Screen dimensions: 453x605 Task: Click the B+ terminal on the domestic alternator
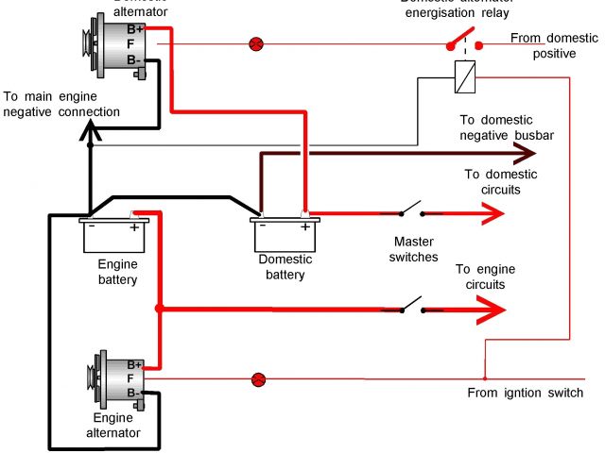(136, 28)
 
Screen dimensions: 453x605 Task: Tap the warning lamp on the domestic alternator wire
(255, 43)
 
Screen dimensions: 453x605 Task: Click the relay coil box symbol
(464, 75)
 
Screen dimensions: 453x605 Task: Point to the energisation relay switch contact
(458, 41)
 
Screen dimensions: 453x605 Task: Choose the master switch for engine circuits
(410, 305)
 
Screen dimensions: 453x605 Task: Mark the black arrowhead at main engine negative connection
(90, 136)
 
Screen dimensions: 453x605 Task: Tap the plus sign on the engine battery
(134, 227)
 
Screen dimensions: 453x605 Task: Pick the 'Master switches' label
(415, 249)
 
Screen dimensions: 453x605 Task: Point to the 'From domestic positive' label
(554, 46)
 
